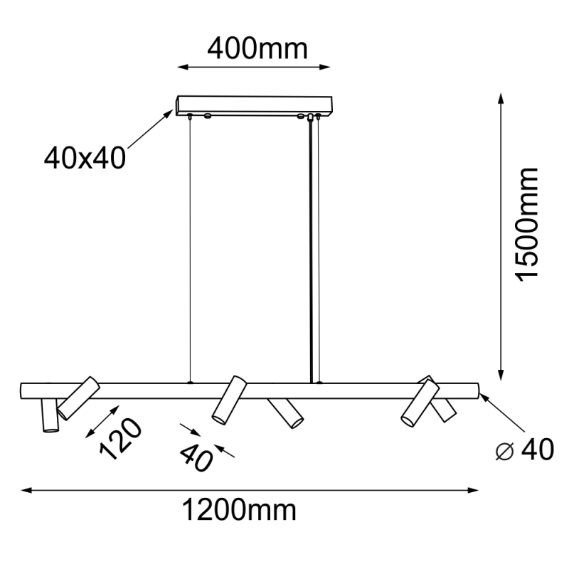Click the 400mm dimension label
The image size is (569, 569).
click(257, 48)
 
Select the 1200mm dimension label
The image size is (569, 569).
click(239, 510)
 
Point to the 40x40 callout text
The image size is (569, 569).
click(85, 156)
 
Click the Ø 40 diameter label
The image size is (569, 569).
click(525, 450)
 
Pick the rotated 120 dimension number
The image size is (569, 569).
click(120, 439)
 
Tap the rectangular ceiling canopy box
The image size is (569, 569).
click(255, 105)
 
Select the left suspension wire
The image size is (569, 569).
click(191, 249)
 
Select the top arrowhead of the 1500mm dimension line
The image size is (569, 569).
click(502, 100)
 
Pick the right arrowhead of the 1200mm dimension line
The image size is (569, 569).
click(472, 490)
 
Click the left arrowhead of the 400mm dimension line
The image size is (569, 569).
click(182, 68)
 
